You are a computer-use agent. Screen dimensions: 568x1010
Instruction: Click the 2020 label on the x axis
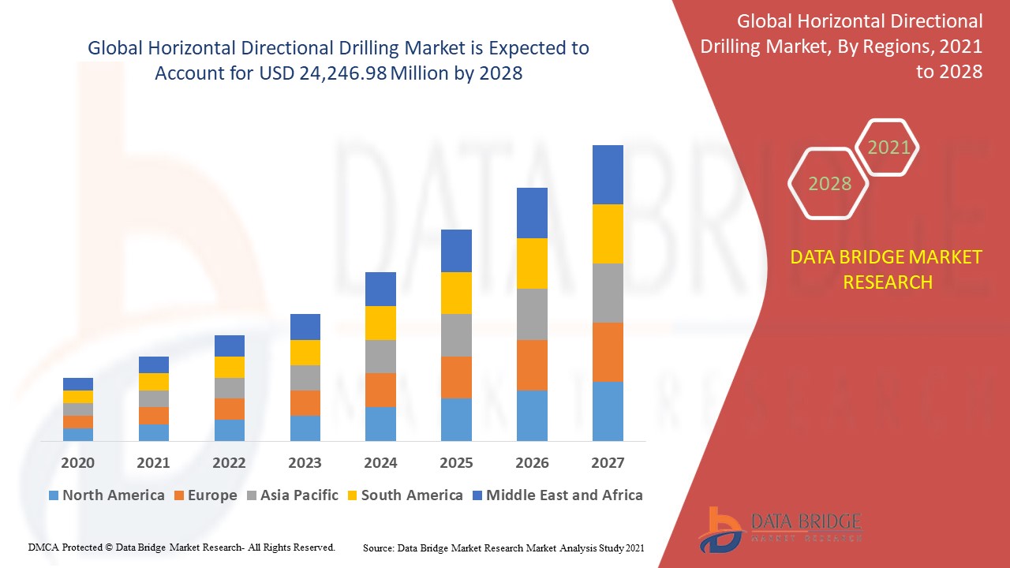click(77, 462)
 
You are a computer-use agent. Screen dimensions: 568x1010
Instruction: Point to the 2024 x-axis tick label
click(380, 462)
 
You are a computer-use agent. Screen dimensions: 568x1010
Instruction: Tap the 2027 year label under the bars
click(608, 462)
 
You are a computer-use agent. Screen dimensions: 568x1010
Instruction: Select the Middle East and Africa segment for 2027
click(608, 174)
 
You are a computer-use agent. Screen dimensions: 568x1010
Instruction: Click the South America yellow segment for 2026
click(532, 263)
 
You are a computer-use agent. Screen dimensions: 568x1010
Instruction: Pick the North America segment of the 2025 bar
click(456, 419)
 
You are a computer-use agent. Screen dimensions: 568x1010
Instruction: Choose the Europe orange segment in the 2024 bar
click(380, 390)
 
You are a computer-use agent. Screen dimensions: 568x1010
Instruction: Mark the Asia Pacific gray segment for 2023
click(305, 377)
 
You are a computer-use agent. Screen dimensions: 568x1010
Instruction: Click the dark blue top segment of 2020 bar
click(77, 383)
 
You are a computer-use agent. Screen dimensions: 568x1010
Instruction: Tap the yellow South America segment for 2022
click(229, 367)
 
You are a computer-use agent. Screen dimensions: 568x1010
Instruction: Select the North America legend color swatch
click(54, 495)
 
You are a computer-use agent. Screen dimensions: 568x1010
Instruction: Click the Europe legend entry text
click(211, 495)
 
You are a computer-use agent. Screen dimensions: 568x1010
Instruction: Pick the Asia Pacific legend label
click(299, 495)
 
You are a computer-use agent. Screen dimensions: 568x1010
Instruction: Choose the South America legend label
click(412, 495)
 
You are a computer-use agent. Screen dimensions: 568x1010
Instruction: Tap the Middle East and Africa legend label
click(564, 495)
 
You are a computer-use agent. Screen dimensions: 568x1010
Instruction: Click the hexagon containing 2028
click(829, 183)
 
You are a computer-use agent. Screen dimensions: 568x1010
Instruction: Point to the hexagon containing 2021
click(888, 147)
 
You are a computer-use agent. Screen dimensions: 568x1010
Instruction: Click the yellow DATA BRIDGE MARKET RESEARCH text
click(887, 269)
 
